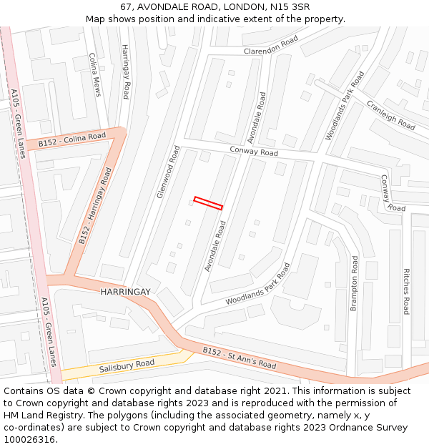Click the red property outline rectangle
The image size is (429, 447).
(208, 203)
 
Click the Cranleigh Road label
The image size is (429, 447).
(390, 114)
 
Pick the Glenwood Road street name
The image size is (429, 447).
(167, 172)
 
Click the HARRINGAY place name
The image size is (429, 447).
(125, 292)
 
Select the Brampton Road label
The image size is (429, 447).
(353, 284)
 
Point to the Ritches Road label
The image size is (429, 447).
(406, 291)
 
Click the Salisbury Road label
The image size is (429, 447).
(127, 365)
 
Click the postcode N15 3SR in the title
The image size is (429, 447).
(290, 6)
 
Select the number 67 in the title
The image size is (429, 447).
(126, 6)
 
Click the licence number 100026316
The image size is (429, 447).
(31, 440)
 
